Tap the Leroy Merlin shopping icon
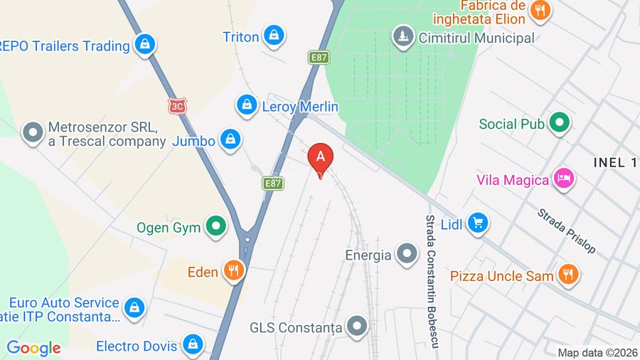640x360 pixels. pos(246,105)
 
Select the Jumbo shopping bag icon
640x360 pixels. pos(230,140)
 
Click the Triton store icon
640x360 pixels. pos(273,35)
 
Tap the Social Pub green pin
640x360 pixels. pos(560,124)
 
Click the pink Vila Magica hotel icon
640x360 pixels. pos(564,179)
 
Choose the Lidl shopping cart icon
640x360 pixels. pos(478,224)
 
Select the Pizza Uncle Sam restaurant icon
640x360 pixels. pos(567,274)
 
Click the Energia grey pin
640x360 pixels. pos(407,253)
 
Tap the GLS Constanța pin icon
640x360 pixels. pos(358,327)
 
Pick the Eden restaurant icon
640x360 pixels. pos(233,270)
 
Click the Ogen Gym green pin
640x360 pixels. pos(215,228)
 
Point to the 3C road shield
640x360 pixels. pos(176,105)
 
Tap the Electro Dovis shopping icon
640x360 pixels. pos(191,346)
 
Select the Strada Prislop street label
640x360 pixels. pos(566,231)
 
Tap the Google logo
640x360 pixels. pos(33,348)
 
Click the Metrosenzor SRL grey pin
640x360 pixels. pos(32,133)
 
